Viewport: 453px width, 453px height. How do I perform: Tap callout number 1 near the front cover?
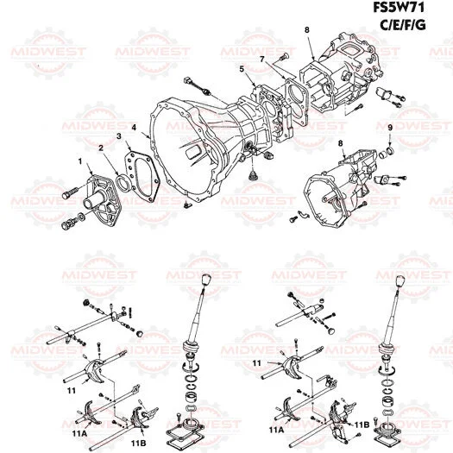coord(80,161)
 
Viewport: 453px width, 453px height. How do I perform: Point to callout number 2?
coord(102,148)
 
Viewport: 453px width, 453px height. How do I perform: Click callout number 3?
coord(118,138)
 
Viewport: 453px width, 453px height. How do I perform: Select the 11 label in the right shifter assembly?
coord(257,363)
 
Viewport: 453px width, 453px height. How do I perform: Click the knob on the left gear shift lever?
coord(206,282)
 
